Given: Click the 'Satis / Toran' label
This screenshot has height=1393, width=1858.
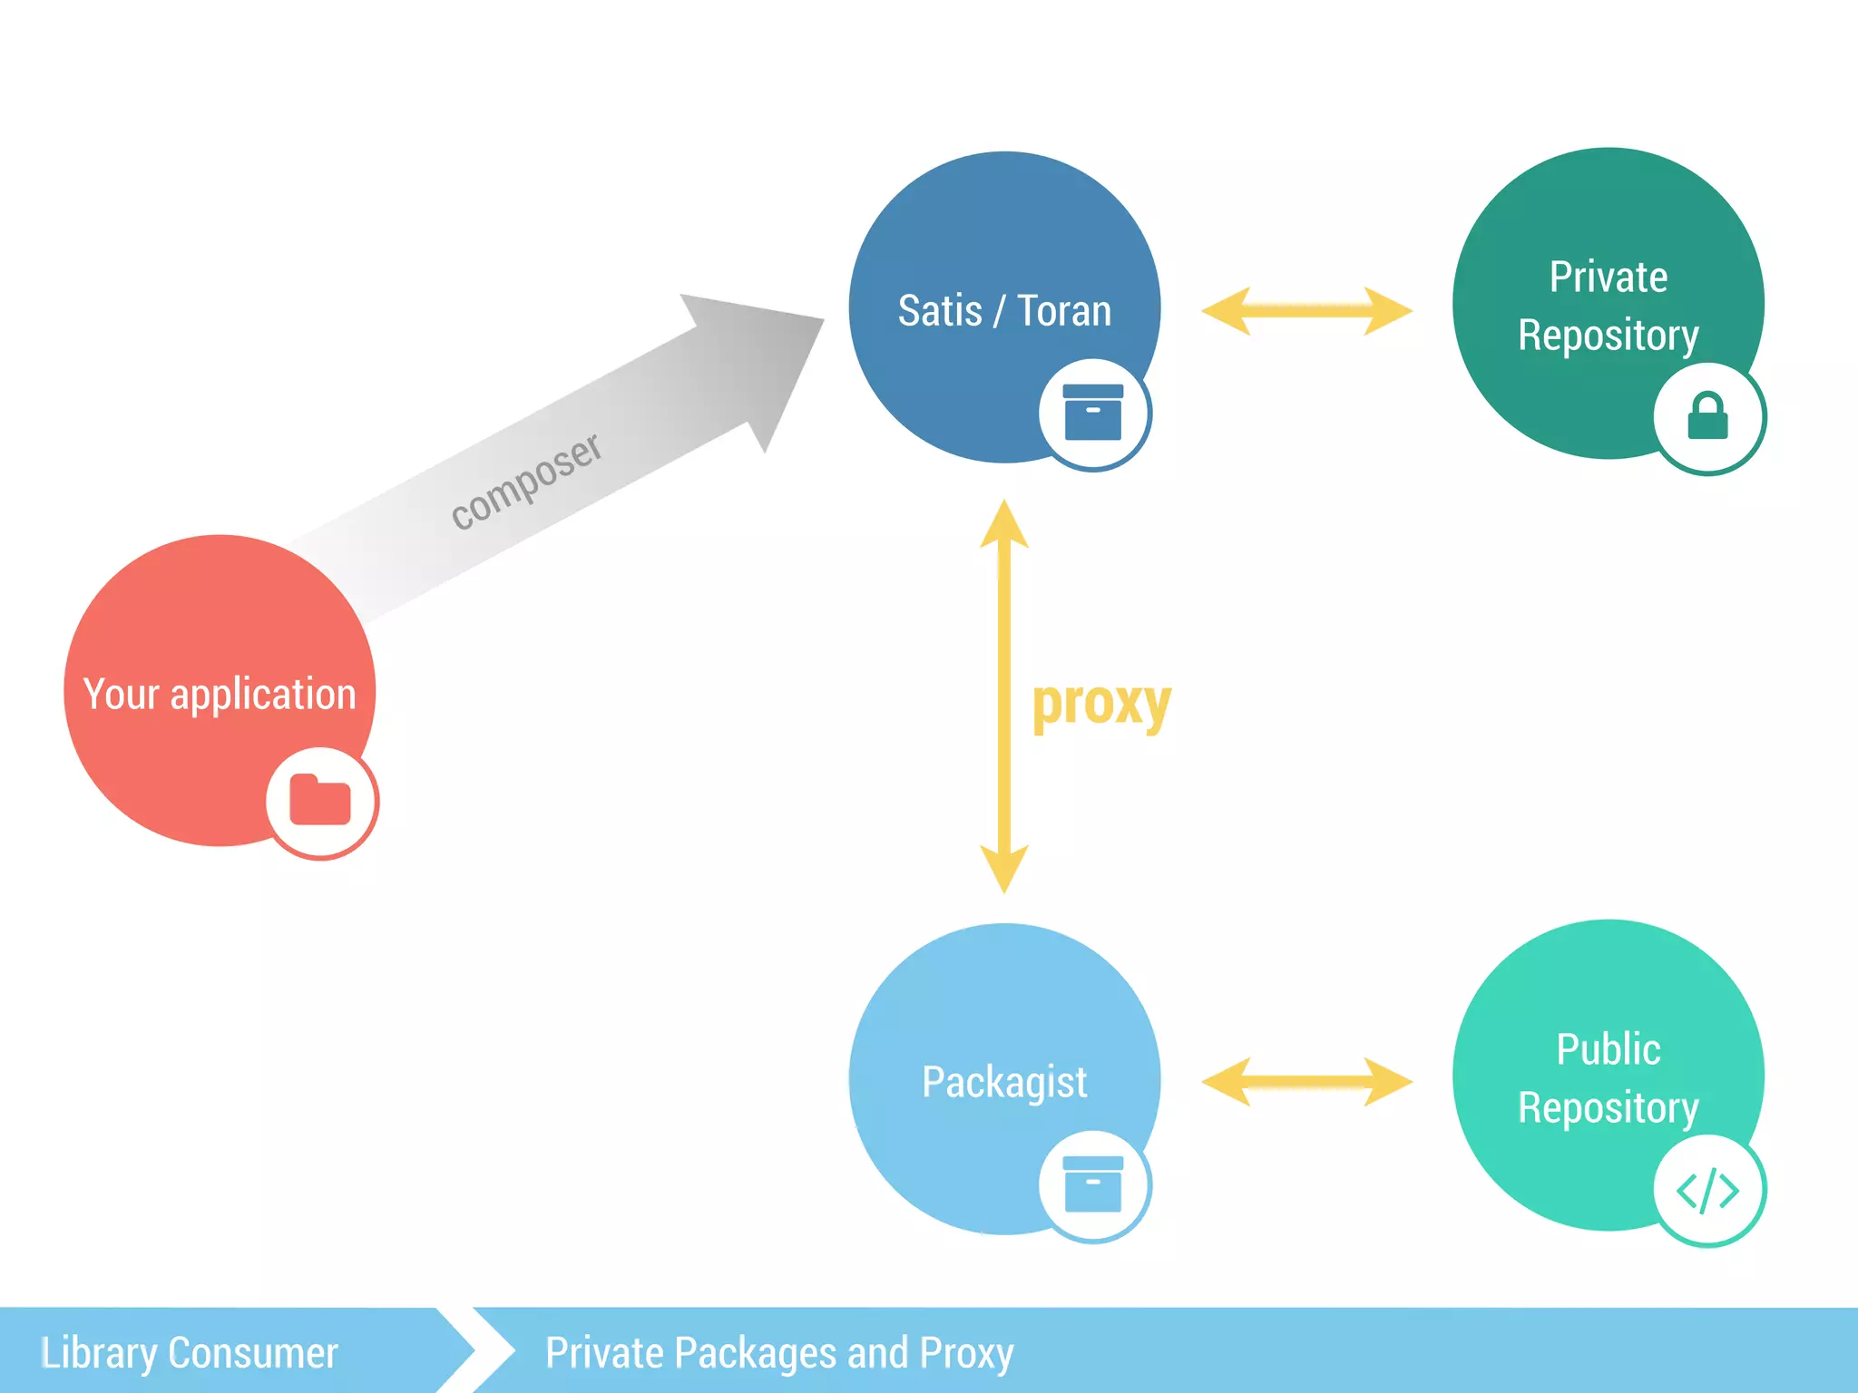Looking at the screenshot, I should click(1004, 311).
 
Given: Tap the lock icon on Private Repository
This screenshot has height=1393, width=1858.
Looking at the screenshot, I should click(1707, 416).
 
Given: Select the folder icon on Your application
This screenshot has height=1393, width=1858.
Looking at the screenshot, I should click(320, 801).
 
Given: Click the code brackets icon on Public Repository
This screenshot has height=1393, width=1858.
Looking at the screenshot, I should click(1707, 1191).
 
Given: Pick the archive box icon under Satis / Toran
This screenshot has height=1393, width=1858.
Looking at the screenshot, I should click(1093, 413).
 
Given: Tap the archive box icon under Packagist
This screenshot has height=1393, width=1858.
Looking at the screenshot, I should click(1093, 1184).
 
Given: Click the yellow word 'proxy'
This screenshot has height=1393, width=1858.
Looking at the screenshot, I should click(1101, 703).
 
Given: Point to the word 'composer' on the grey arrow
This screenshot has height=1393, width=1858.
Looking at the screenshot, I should click(526, 481).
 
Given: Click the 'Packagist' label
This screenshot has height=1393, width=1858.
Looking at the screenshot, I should click(1004, 1082).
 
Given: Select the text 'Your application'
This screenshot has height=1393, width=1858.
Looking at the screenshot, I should click(220, 695).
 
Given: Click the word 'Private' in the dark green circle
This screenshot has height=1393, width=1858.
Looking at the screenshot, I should click(1608, 278).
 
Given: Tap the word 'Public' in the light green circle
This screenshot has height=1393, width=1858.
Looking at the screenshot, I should click(1608, 1050).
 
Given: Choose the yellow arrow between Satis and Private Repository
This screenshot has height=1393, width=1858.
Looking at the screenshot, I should click(1306, 311).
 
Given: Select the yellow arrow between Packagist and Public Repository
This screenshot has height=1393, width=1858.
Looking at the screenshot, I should click(1306, 1081).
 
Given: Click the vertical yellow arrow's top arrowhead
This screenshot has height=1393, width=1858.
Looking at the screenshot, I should click(1004, 526).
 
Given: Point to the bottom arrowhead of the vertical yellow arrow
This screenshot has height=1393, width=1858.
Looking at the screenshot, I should click(1004, 868).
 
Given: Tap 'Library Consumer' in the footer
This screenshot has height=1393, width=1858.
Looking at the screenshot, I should click(190, 1353).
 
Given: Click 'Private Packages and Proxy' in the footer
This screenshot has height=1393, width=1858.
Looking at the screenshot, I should click(778, 1353).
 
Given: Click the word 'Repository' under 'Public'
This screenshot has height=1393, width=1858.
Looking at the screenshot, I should click(1608, 1108).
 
